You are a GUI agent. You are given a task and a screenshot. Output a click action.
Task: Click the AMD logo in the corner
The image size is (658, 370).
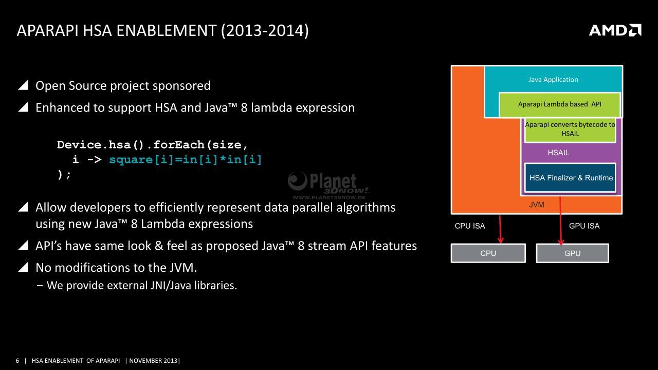(x=615, y=30)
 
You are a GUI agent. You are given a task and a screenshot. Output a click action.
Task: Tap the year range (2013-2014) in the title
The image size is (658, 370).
(x=265, y=31)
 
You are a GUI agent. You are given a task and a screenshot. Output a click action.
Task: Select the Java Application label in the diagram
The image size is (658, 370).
(x=553, y=80)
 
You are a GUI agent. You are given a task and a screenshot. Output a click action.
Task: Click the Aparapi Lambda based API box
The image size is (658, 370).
(x=560, y=104)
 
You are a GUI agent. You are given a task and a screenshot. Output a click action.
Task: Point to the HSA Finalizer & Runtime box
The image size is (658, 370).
(x=570, y=178)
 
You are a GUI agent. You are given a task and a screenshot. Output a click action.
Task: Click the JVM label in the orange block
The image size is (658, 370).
(x=537, y=205)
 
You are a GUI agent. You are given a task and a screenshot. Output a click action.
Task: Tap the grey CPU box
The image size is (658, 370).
(x=488, y=253)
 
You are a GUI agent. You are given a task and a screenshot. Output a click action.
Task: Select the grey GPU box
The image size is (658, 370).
(x=572, y=253)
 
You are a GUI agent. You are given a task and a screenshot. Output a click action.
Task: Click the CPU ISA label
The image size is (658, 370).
(x=470, y=226)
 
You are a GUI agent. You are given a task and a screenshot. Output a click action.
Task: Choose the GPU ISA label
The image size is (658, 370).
(x=584, y=226)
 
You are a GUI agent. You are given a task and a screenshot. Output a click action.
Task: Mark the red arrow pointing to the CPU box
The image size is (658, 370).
(x=500, y=229)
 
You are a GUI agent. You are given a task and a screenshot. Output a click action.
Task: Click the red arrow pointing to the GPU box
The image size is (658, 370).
(x=560, y=221)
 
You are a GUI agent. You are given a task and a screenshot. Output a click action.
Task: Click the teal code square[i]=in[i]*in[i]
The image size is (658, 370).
(x=186, y=160)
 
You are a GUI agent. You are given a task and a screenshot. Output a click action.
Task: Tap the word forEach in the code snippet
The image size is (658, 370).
(x=178, y=145)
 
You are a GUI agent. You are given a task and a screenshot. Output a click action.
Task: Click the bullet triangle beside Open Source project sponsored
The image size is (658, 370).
(x=23, y=85)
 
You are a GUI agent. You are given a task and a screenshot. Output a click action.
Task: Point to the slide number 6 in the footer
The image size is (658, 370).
(x=17, y=361)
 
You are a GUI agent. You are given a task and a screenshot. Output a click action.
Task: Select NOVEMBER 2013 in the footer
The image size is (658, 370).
(x=153, y=361)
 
